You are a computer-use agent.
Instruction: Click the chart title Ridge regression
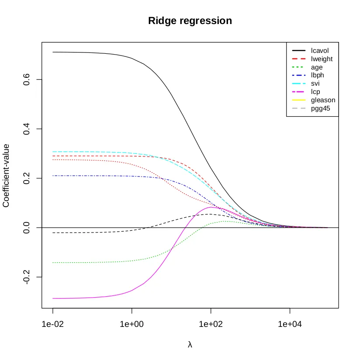190,21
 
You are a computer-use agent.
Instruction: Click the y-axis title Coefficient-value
7,176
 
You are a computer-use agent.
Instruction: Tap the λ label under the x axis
190,344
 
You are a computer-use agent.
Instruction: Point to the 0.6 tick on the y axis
27,80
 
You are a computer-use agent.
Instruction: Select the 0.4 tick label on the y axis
27,129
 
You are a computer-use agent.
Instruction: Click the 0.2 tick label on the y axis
27,178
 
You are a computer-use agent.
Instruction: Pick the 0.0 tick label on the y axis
27,228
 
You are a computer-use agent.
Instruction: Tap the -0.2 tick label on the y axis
27,277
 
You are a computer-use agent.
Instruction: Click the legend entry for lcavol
320,51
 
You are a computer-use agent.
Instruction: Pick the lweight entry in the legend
322,59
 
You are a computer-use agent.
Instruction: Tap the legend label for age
317,67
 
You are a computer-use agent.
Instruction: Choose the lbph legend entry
318,75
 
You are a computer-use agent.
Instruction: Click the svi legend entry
316,83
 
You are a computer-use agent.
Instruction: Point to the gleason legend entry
323,100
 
